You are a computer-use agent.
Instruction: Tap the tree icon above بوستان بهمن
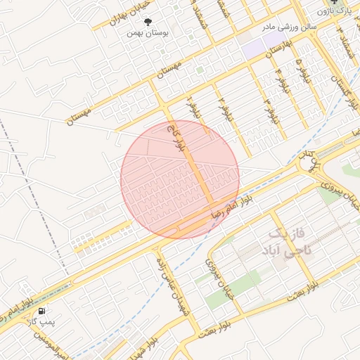tap(148, 22)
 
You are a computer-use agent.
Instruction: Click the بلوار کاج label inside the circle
tap(176, 138)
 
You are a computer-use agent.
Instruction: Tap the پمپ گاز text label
tap(41, 321)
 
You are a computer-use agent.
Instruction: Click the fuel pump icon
tap(43, 310)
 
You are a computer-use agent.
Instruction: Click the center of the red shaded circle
tap(180, 179)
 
